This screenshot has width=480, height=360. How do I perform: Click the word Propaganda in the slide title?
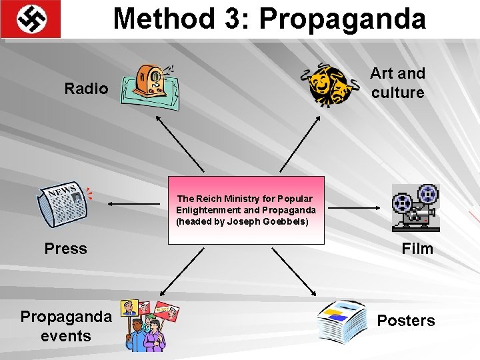coord(342,19)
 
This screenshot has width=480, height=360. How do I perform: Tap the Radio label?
coord(86,89)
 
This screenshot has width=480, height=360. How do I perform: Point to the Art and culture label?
coord(397,83)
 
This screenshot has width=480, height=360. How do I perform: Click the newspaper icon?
coord(64,204)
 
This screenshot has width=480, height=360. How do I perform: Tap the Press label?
coord(65,249)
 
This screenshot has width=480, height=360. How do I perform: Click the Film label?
coord(417,249)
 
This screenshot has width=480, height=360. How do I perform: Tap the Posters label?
coord(405,321)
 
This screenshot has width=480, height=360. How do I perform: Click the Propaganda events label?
coord(66,325)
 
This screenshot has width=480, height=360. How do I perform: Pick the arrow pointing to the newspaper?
coord(133,203)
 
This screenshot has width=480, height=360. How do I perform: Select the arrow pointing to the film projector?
coord(353,208)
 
